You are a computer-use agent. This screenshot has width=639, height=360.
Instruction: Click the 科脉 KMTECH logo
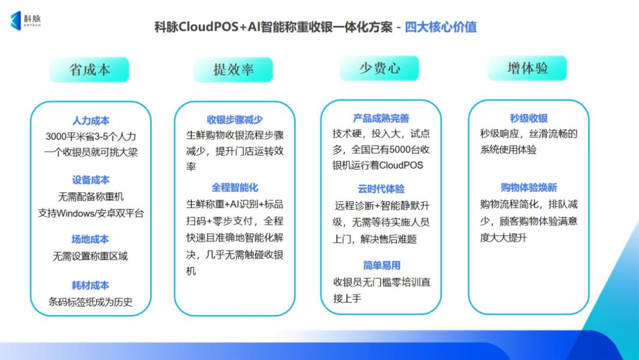pos(25,20)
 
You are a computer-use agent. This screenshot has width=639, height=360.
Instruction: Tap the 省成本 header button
pos(89,70)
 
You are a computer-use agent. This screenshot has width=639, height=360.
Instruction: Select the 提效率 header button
pos(233,70)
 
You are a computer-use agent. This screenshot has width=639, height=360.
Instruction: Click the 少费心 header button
pos(379,68)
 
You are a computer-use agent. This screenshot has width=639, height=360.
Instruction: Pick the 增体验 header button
pos(527,68)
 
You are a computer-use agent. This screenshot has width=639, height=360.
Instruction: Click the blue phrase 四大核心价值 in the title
pos(441,27)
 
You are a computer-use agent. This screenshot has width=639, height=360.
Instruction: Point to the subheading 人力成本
pos(91,121)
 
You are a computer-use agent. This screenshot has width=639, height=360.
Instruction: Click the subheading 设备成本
pos(91,180)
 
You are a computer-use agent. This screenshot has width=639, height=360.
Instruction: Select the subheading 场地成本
pos(91,239)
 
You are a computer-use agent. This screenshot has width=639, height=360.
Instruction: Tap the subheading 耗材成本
pos(91,285)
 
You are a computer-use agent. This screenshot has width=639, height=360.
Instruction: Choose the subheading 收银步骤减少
pos(235,120)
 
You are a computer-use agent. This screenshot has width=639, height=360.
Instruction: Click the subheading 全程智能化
pos(235,188)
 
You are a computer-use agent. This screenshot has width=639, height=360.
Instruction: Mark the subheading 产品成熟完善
pos(381,118)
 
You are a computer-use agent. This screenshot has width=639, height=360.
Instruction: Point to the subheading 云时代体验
pos(381,189)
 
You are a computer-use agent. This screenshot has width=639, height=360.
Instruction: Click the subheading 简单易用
pos(382,265)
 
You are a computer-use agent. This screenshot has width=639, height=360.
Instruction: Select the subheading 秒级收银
pos(529,118)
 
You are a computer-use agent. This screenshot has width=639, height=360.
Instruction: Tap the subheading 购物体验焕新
pos(529,188)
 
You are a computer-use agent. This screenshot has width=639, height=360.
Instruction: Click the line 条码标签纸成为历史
pos(91,302)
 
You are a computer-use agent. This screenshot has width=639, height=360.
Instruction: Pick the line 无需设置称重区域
pos(91,256)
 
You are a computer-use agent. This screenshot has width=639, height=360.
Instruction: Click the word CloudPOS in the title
pos(208,27)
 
